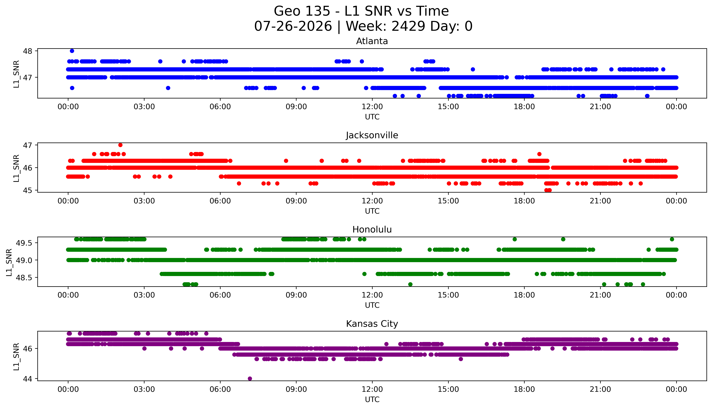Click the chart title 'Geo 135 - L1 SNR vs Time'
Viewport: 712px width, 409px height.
pyautogui.click(x=361, y=11)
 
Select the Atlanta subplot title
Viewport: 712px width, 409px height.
pyautogui.click(x=372, y=41)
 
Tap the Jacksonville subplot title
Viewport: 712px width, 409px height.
pyautogui.click(x=372, y=135)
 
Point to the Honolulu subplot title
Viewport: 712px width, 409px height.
pyautogui.click(x=372, y=230)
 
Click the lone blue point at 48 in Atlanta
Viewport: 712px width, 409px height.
pyautogui.click(x=72, y=51)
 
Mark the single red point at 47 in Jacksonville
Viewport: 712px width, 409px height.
pyautogui.click(x=120, y=145)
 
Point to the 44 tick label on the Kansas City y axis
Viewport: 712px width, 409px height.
pyautogui.click(x=28, y=379)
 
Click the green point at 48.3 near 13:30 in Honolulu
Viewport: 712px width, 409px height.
pyautogui.click(x=410, y=284)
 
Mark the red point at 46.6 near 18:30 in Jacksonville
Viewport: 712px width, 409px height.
pyautogui.click(x=539, y=154)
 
